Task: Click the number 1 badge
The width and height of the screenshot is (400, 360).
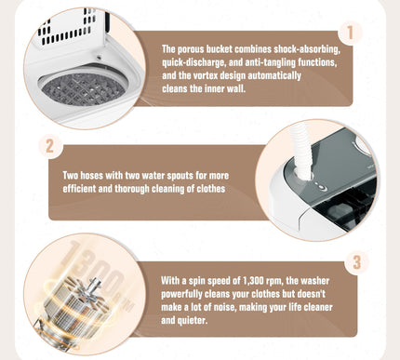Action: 350,33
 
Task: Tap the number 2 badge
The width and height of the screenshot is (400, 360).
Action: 49,146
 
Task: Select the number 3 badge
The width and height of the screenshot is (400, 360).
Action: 356,262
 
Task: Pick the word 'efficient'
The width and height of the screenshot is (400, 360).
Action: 79,189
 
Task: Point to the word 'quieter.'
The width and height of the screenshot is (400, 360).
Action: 193,321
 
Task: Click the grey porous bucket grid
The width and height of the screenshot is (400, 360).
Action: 83,89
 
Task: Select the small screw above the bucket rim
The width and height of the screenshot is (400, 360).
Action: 100,58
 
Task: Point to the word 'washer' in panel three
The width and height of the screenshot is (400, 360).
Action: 315,281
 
